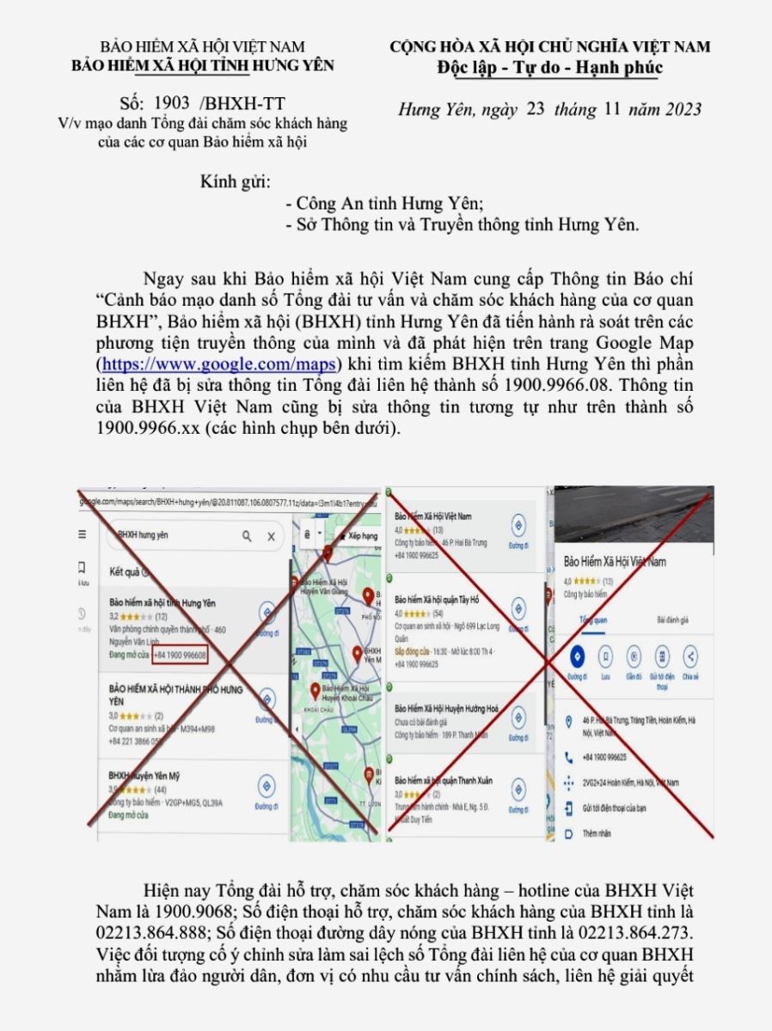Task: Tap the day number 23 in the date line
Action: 537,109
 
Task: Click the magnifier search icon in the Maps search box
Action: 247,536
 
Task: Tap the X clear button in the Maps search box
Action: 271,536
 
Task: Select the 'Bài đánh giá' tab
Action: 672,619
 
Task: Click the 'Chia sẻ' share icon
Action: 689,657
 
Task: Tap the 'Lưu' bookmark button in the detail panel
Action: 605,657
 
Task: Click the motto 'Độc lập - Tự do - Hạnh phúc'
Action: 549,66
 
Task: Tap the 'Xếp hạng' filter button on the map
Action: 357,535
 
